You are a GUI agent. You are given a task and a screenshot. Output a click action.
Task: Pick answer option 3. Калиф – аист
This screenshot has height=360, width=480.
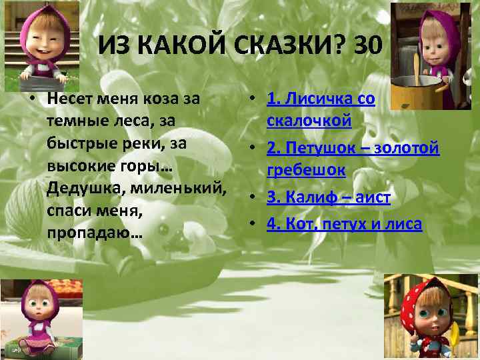click(328, 197)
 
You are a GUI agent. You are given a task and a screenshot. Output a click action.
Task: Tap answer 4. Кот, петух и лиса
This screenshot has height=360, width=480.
click(344, 224)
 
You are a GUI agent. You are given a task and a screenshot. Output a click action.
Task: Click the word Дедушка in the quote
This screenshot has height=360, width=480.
click(80, 188)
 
